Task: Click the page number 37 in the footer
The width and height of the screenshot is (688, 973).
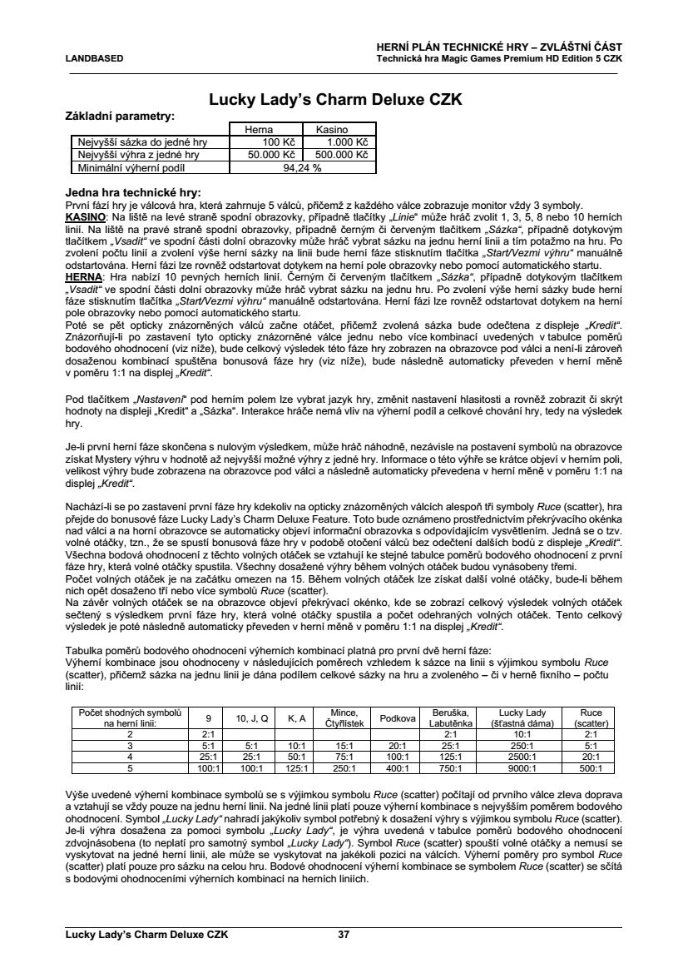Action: pos(344,935)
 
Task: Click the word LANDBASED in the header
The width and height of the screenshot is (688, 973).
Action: pos(93,59)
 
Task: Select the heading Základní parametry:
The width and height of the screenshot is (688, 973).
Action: pos(120,117)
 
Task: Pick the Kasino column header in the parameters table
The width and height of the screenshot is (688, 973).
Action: pos(332,131)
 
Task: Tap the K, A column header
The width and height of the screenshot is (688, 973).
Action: pos(297,717)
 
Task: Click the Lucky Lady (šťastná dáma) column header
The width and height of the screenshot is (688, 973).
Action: pos(522,717)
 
